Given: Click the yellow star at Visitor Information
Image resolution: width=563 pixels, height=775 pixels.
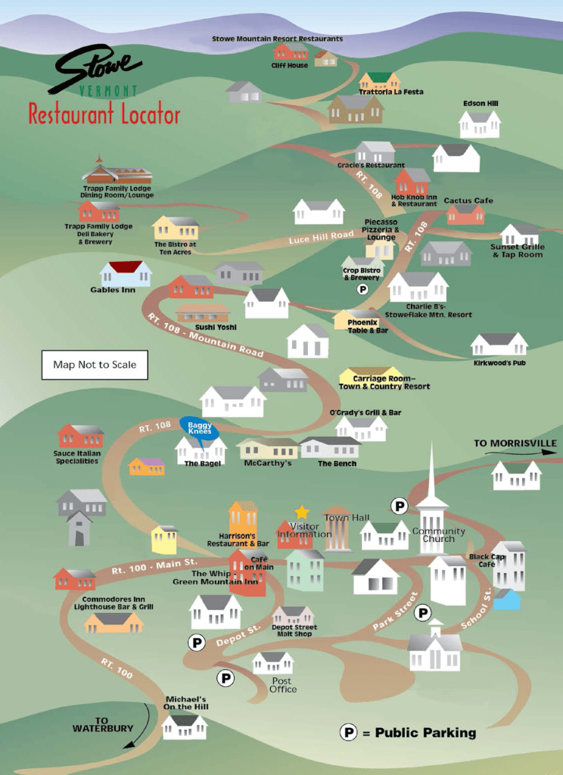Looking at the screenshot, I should [302, 512].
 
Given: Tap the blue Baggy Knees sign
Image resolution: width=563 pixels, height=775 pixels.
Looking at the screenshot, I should [200, 429].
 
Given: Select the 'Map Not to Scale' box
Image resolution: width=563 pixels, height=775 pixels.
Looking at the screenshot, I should [95, 365].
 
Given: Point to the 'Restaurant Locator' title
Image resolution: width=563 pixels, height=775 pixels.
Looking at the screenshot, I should [104, 114].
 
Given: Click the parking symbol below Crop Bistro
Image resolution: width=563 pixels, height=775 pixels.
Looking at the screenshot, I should [362, 289].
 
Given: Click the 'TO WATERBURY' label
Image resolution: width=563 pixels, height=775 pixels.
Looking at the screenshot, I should [103, 725].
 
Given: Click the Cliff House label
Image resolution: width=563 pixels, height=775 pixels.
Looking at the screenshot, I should [290, 66].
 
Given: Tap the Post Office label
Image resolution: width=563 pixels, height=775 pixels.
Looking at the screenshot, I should [284, 685].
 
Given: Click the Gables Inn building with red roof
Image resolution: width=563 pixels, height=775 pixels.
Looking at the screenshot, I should [126, 272].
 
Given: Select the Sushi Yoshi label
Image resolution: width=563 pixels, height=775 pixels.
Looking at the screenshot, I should [216, 328].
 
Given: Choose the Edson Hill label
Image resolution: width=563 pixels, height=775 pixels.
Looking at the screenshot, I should [481, 104].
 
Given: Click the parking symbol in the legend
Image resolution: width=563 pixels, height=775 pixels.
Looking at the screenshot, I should [348, 732].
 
